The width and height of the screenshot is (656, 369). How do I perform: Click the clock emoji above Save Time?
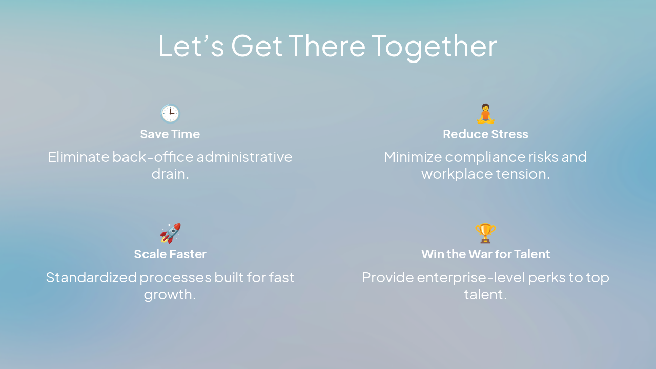(x=170, y=114)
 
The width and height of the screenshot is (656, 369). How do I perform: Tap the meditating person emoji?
(x=485, y=114)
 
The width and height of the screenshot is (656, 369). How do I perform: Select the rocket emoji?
(x=170, y=234)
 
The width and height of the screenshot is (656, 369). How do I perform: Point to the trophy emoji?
(x=485, y=234)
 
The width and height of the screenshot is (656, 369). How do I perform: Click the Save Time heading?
(x=170, y=134)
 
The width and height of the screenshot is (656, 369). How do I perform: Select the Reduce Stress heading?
(x=485, y=134)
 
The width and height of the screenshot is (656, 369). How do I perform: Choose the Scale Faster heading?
(x=170, y=254)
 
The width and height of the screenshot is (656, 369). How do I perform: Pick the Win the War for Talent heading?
(x=485, y=254)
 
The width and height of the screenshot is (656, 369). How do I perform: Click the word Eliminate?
(x=78, y=157)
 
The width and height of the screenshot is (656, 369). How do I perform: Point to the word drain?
(x=170, y=174)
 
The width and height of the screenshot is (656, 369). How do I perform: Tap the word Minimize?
(x=412, y=157)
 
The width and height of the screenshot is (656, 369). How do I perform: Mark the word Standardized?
(x=91, y=277)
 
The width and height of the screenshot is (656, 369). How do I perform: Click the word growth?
(x=170, y=295)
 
